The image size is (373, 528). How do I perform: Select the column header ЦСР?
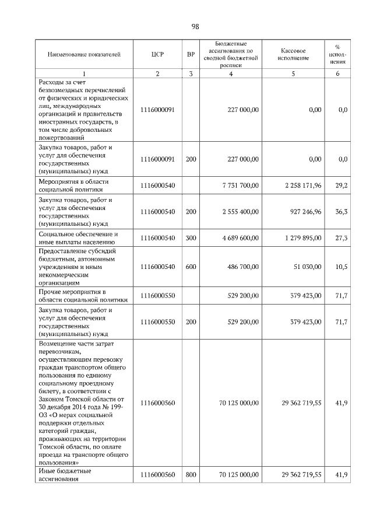pyautogui.click(x=157, y=55)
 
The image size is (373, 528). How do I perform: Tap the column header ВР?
pyautogui.click(x=191, y=55)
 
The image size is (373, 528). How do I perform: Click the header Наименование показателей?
pyautogui.click(x=85, y=55)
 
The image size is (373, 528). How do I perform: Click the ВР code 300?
pyautogui.click(x=191, y=238)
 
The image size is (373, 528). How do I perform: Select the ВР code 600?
pyautogui.click(x=191, y=267)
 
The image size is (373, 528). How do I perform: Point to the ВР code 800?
pyautogui.click(x=191, y=475)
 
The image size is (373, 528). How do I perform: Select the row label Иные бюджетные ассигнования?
pyautogui.click(x=65, y=475)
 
